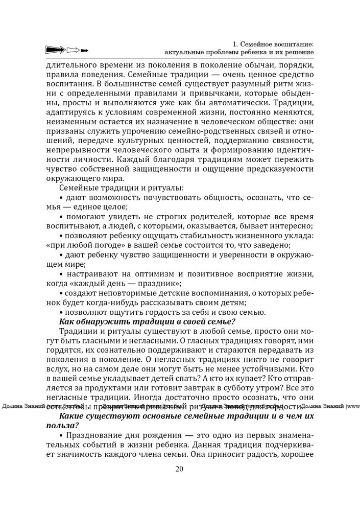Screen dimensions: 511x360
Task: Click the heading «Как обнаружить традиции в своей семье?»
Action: [147, 321]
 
